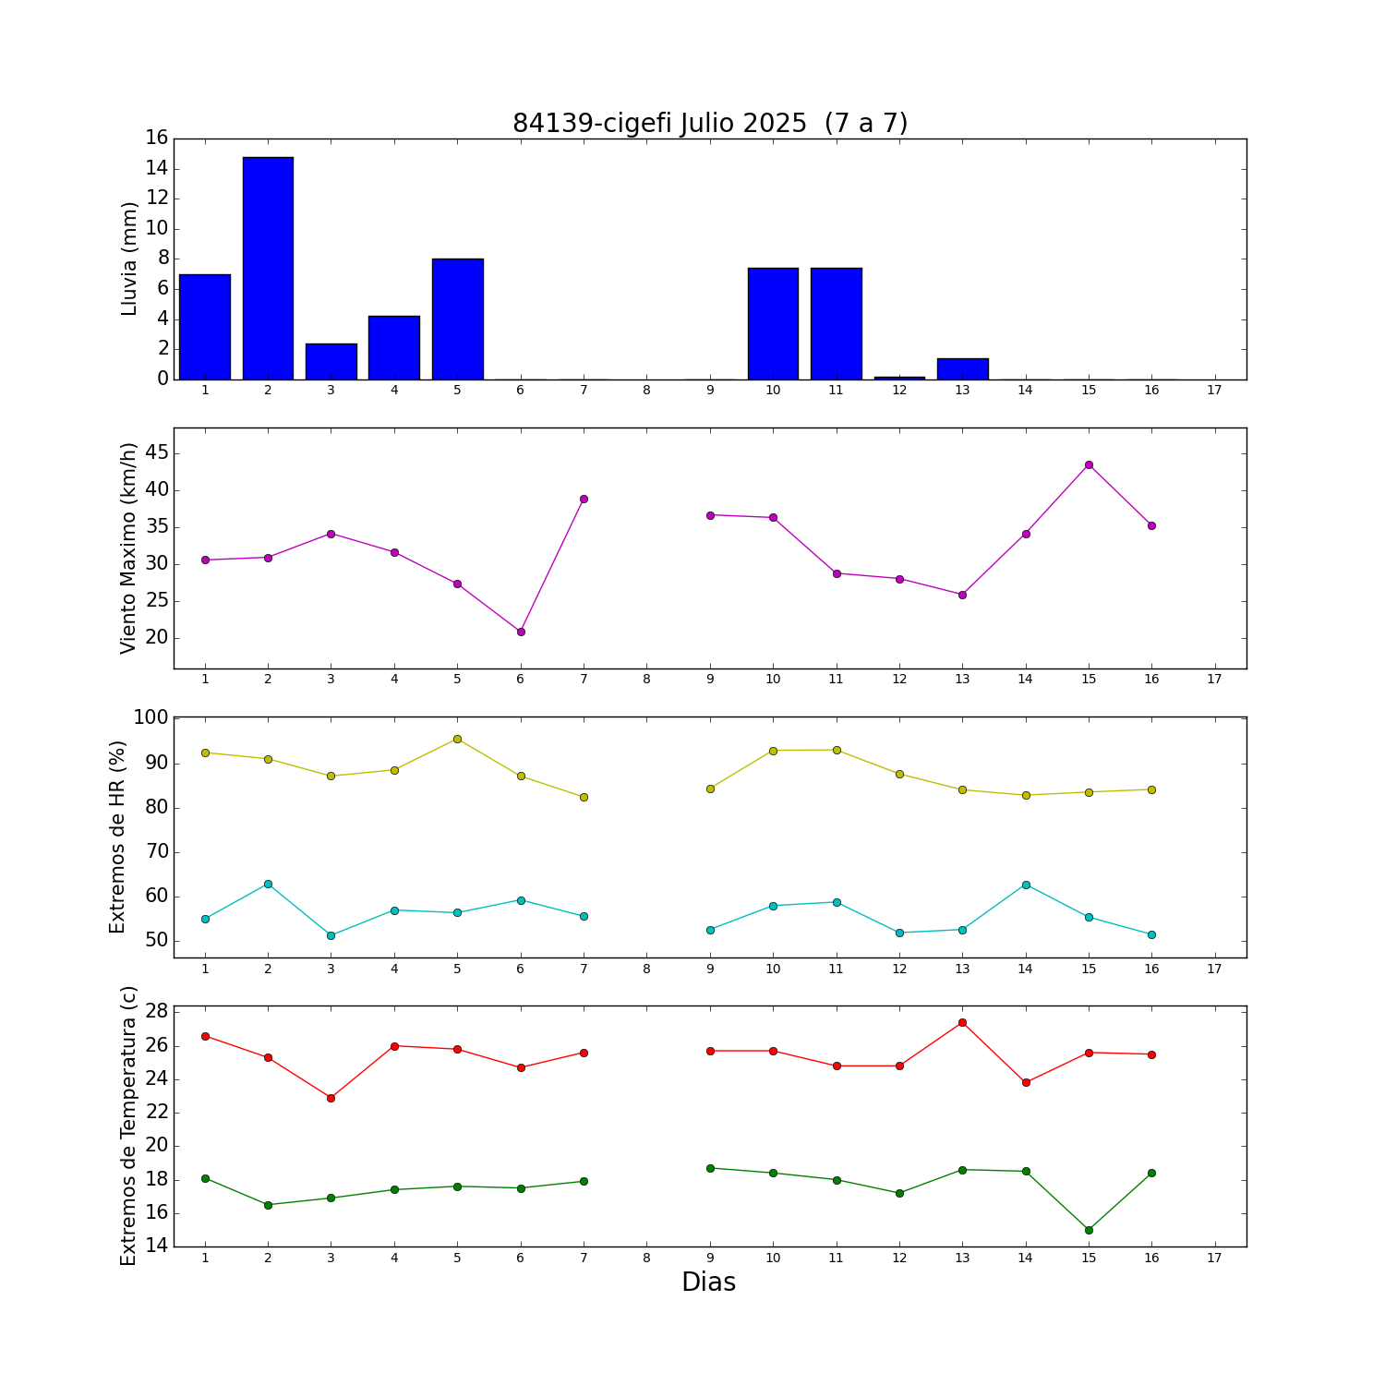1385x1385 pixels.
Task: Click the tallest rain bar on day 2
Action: pos(268,268)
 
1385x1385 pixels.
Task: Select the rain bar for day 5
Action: pos(457,319)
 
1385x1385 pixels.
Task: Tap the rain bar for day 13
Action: pos(962,368)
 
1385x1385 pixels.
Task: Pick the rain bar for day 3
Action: pos(331,361)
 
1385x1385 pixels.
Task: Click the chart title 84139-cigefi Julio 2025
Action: pos(660,124)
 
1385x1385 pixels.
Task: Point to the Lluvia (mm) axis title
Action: pos(129,259)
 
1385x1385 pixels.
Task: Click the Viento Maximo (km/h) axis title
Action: pos(129,548)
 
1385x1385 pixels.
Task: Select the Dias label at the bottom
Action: pos(708,1282)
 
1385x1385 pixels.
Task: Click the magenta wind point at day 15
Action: pos(1089,464)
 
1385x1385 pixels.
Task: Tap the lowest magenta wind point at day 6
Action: pos(521,632)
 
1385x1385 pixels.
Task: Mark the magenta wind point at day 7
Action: pos(584,499)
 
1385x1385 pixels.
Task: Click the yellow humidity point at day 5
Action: pos(457,739)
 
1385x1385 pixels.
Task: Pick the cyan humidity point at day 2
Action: pos(268,884)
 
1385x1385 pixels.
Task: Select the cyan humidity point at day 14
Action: pos(1026,885)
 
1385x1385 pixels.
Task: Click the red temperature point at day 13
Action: pos(962,1022)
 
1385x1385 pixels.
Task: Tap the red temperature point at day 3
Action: pos(331,1098)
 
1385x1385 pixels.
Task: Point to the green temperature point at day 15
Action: pos(1089,1230)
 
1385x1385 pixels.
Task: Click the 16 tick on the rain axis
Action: pos(156,138)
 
